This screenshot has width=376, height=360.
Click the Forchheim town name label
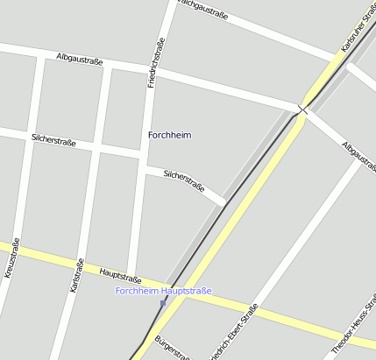[169, 135]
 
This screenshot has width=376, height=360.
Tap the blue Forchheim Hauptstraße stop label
[163, 291]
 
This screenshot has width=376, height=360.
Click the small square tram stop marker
[163, 303]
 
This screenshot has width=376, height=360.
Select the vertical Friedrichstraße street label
[156, 64]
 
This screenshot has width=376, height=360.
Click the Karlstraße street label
[76, 275]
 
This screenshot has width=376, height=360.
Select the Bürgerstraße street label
[171, 347]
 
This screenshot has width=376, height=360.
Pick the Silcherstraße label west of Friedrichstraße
[53, 139]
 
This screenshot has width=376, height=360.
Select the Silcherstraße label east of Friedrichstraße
[184, 180]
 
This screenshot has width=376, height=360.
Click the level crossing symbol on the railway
[302, 109]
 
